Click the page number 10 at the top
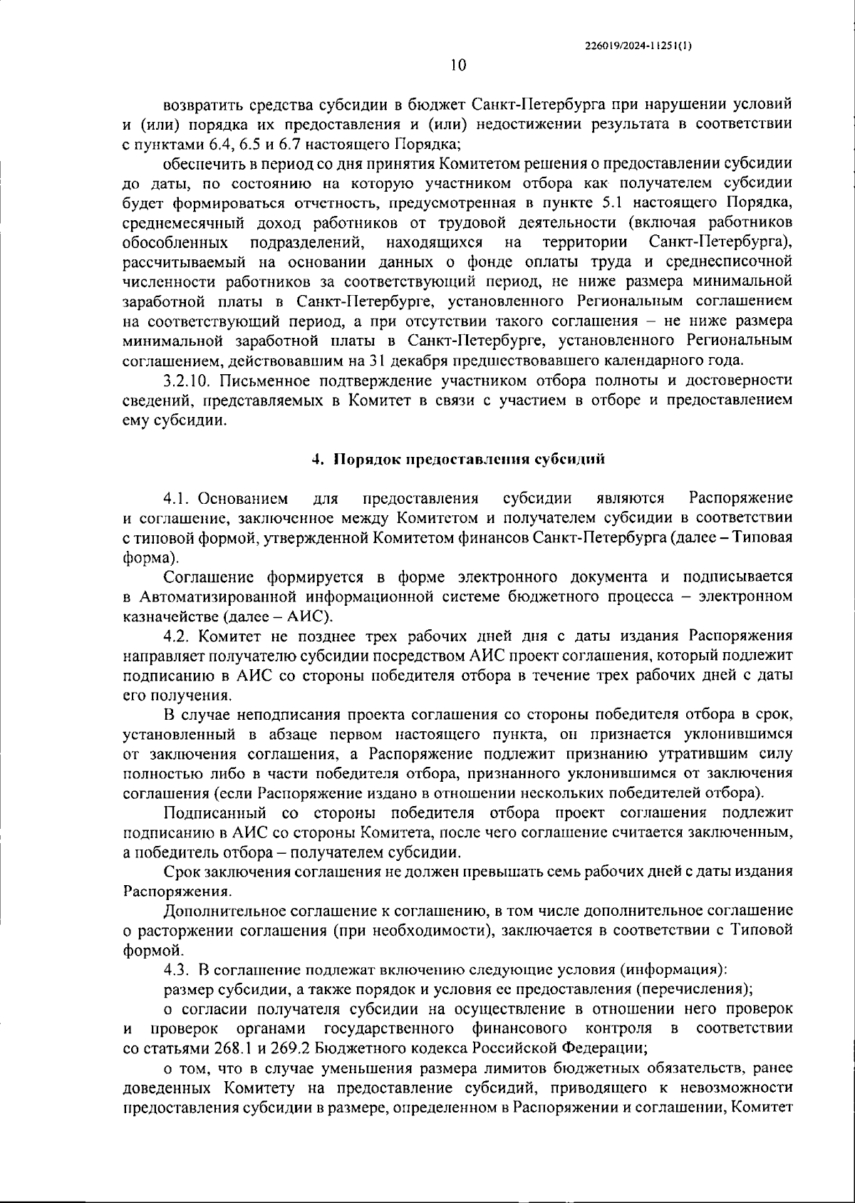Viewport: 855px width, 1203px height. click(x=458, y=66)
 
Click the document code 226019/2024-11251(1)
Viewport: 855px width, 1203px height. click(x=638, y=45)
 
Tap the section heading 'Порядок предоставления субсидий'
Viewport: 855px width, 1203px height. click(x=470, y=459)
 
